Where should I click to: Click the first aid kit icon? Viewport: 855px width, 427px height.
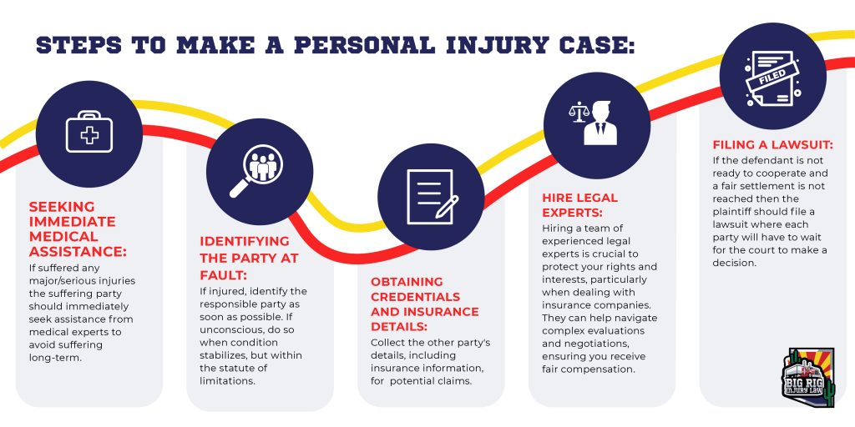tap(89, 133)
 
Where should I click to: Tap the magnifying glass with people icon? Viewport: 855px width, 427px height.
tap(259, 172)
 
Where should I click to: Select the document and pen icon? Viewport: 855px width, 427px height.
tap(431, 196)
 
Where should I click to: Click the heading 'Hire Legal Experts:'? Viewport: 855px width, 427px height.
tap(580, 204)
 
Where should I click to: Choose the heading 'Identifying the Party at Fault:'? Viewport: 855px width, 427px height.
tap(248, 257)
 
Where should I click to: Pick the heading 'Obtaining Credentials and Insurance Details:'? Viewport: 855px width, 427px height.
tap(424, 304)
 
